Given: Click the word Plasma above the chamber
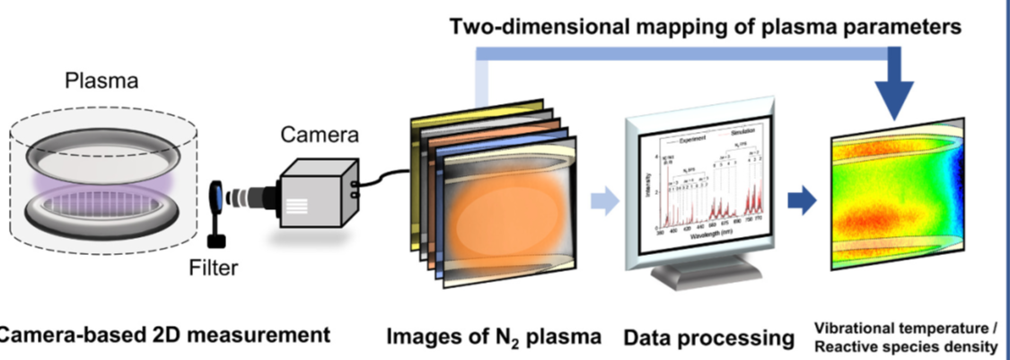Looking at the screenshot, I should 101,82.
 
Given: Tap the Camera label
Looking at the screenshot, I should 320,135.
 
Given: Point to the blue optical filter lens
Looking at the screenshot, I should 217,195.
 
